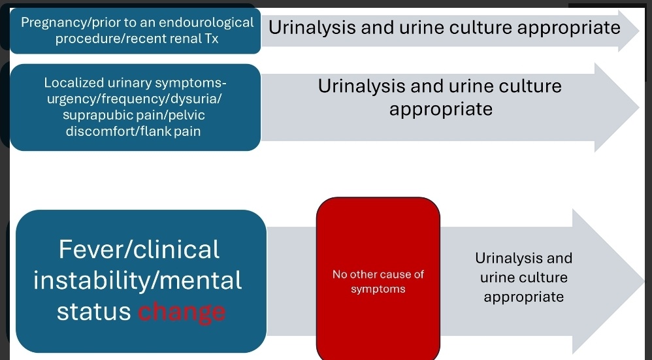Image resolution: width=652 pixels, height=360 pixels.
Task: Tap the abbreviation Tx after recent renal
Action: click(x=211, y=39)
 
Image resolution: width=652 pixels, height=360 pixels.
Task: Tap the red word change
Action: click(x=182, y=312)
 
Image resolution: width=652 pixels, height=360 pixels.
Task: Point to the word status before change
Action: click(x=94, y=312)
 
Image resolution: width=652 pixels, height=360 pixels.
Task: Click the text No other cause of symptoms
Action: click(x=378, y=282)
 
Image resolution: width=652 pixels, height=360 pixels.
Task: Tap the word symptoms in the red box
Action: click(x=378, y=289)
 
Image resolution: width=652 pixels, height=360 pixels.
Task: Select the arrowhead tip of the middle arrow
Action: click(x=637, y=107)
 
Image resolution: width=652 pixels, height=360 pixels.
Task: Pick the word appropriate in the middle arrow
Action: click(x=440, y=108)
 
